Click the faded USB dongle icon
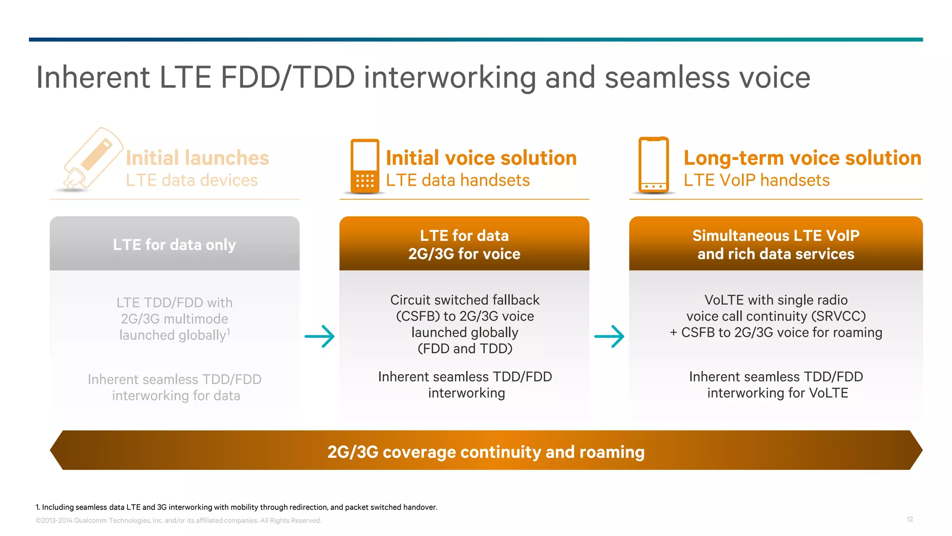tap(91, 159)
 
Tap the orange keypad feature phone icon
tap(365, 166)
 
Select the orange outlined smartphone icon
tap(654, 165)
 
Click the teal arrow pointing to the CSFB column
tap(320, 336)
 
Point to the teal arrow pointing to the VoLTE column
tap(609, 336)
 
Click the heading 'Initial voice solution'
tap(481, 158)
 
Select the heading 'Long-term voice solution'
tap(802, 158)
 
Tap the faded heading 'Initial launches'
tap(197, 158)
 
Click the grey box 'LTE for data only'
tap(174, 244)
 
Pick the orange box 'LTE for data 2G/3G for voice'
tap(464, 244)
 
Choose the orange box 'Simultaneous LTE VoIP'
tap(775, 244)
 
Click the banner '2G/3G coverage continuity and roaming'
tap(486, 451)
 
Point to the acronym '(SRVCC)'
tap(839, 316)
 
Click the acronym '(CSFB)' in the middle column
tap(417, 316)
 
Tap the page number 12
tap(910, 519)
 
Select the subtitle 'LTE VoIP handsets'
tap(756, 180)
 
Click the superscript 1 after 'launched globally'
tap(228, 331)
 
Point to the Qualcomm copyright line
tap(178, 521)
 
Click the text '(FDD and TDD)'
tap(465, 348)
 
